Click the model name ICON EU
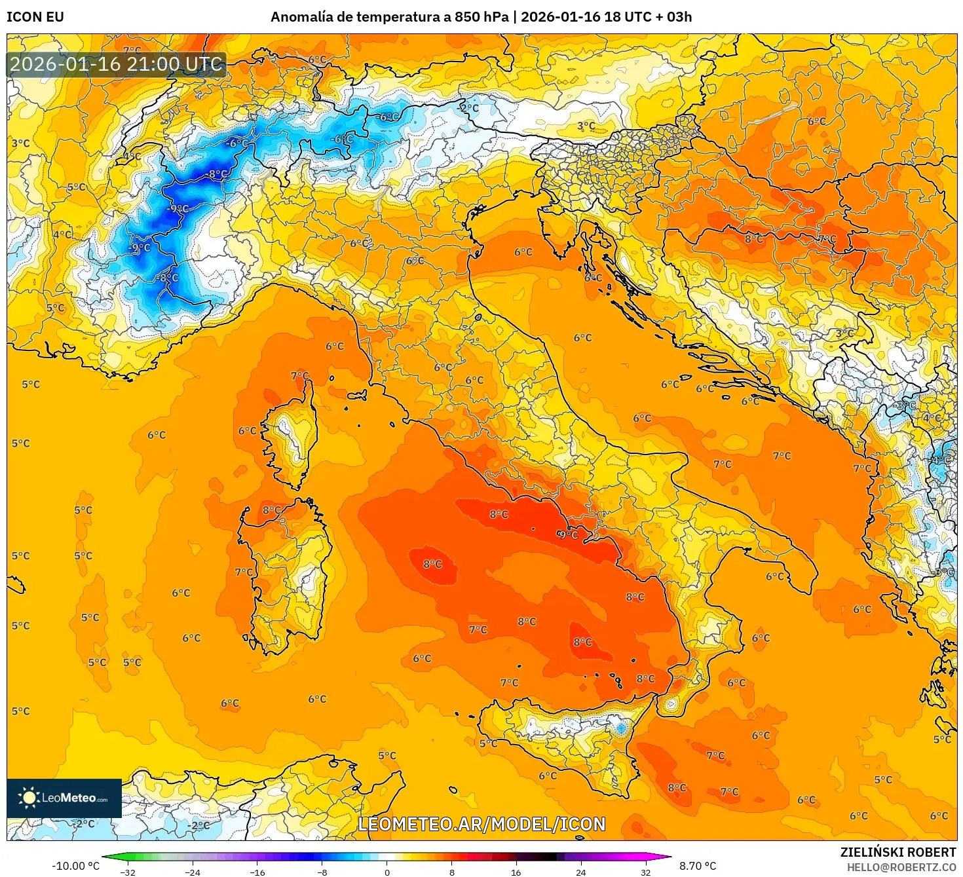(x=35, y=17)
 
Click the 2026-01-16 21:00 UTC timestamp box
(x=117, y=65)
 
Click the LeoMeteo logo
(x=64, y=798)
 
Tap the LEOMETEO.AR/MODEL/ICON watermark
(x=481, y=824)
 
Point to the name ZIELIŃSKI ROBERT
(x=898, y=852)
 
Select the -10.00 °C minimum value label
(x=75, y=866)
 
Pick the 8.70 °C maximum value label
(x=698, y=866)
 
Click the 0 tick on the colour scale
(x=387, y=872)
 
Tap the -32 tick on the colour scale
(x=128, y=872)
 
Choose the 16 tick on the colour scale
(x=516, y=872)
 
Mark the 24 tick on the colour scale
(x=580, y=872)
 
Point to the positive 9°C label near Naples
(x=568, y=534)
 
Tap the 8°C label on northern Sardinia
(x=271, y=510)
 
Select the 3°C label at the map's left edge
(x=20, y=143)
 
